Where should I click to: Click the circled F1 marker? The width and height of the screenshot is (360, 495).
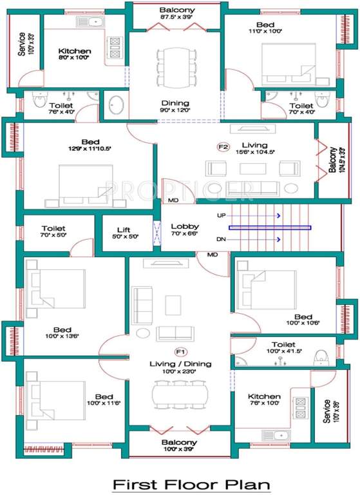(180, 352)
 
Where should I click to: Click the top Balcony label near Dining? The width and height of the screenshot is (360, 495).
(176, 14)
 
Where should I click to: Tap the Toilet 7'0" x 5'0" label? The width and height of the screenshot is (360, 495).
(53, 232)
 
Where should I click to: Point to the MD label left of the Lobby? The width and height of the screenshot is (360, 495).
(173, 200)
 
